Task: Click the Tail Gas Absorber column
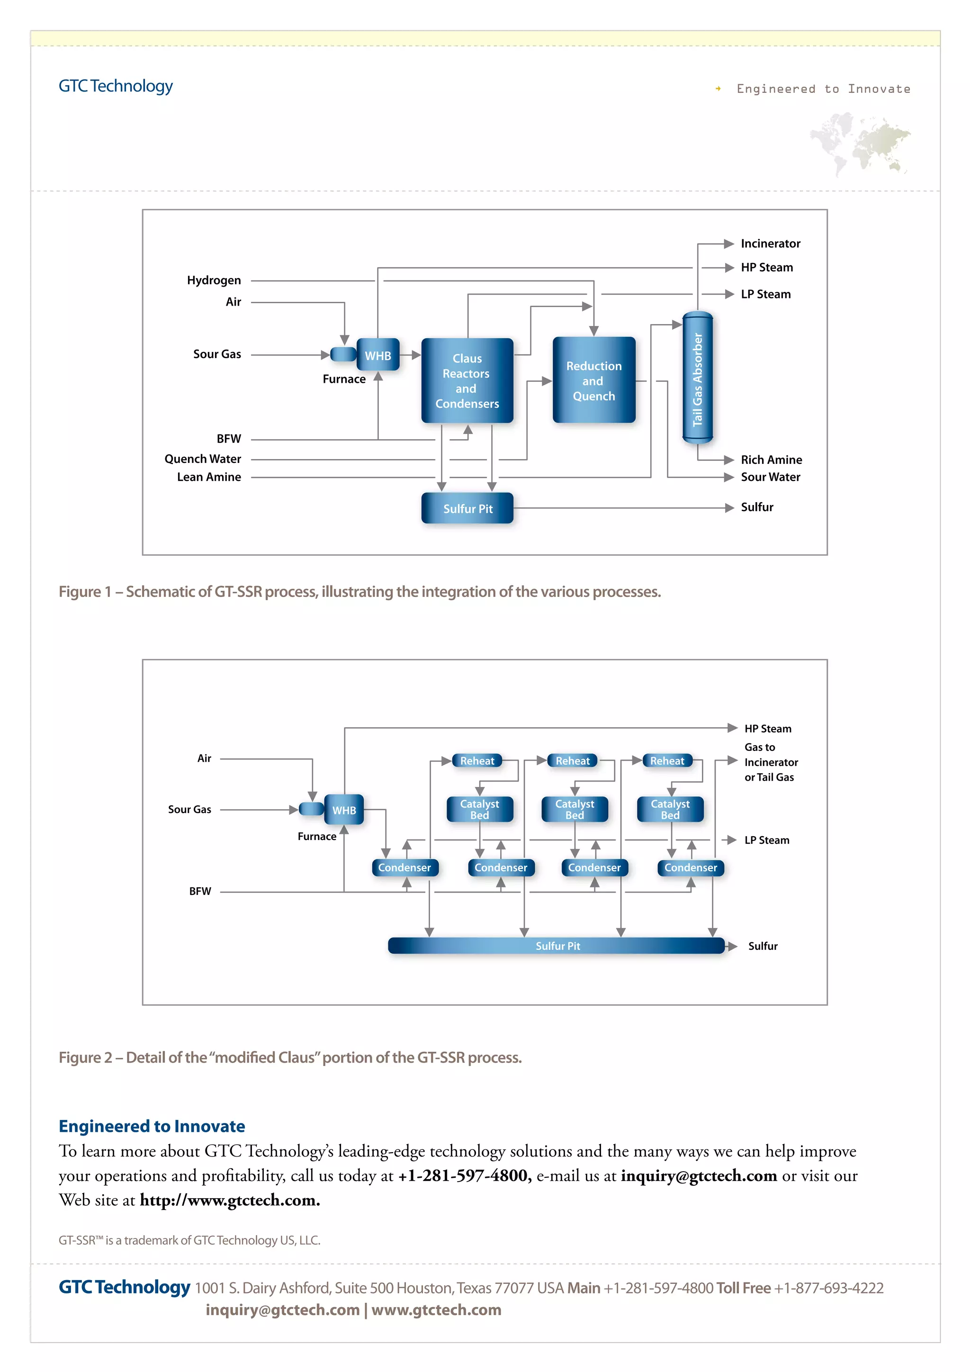pos(697,378)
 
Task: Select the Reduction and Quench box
pos(594,380)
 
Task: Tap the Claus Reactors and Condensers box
pos(467,380)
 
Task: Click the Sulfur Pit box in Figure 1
pos(467,508)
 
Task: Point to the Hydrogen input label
pos(214,280)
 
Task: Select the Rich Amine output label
pos(771,460)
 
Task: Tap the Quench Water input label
pos(203,459)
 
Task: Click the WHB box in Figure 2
pos(344,810)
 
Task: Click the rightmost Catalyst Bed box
pos(670,809)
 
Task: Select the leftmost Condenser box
pos(404,867)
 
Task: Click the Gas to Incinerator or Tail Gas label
pos(770,762)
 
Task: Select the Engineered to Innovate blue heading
pos(152,1127)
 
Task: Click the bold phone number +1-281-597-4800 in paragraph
pos(464,1176)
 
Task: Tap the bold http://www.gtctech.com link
pos(229,1200)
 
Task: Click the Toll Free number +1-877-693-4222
pos(828,1288)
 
